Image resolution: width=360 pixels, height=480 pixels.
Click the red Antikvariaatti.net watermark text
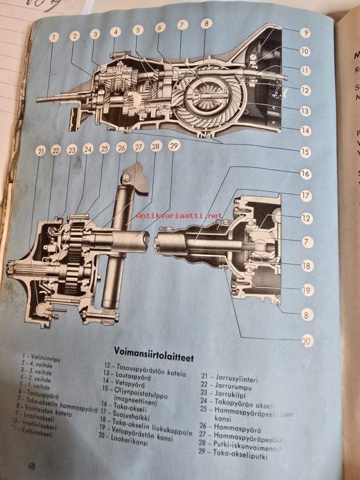(x=179, y=215)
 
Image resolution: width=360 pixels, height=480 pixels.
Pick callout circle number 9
(x=305, y=32)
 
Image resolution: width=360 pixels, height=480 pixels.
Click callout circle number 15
(x=305, y=151)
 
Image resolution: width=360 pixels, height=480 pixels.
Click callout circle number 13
(x=305, y=111)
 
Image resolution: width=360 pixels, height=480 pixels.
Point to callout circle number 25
(x=105, y=149)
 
